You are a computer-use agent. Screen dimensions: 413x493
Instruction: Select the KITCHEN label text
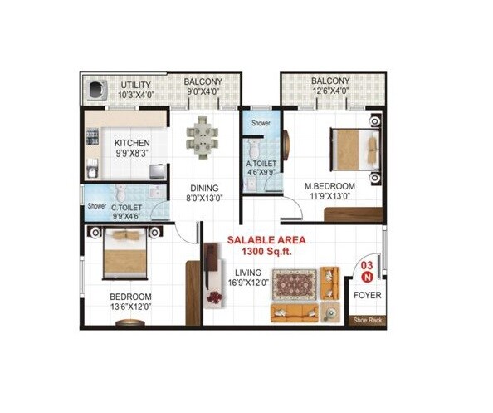click(x=132, y=143)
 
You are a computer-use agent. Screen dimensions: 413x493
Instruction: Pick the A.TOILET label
click(x=261, y=165)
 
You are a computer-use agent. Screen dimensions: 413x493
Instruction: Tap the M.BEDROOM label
click(x=329, y=186)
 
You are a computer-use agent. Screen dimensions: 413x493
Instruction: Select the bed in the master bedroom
click(x=354, y=150)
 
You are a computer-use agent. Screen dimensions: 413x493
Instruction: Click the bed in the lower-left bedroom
click(x=124, y=253)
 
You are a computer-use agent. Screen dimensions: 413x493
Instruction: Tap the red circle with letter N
click(x=366, y=278)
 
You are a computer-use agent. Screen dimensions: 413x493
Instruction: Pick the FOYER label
click(x=367, y=295)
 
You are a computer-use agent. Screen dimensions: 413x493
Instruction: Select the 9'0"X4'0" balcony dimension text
click(x=203, y=92)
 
